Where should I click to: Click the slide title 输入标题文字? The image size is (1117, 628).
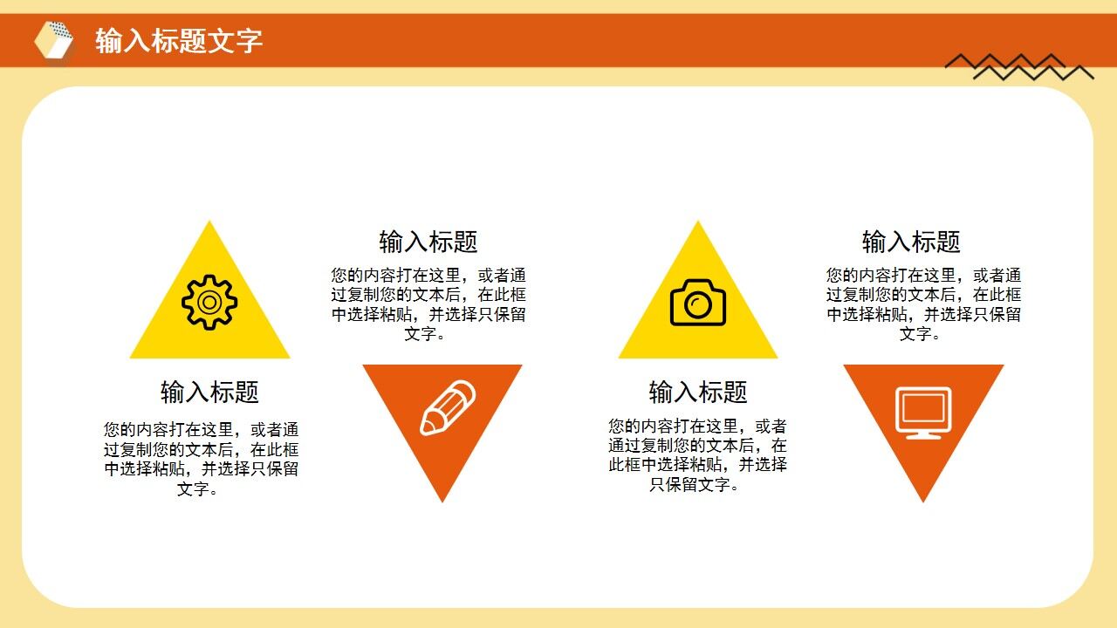pyautogui.click(x=179, y=41)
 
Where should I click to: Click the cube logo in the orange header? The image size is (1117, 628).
pyautogui.click(x=54, y=40)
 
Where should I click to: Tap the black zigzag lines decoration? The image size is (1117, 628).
pyautogui.click(x=1019, y=66)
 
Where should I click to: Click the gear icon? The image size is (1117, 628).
pyautogui.click(x=209, y=302)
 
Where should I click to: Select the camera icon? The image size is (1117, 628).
pyautogui.click(x=697, y=303)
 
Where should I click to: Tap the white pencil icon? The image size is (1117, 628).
pyautogui.click(x=447, y=407)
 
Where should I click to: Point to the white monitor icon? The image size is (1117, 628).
pyautogui.click(x=923, y=412)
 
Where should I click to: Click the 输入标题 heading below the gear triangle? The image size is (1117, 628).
pyautogui.click(x=209, y=392)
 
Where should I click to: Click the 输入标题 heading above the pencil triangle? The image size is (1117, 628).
pyautogui.click(x=428, y=242)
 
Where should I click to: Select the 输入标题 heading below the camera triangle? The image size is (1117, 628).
pyautogui.click(x=698, y=392)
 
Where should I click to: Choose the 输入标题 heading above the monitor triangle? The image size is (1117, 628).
pyautogui.click(x=911, y=242)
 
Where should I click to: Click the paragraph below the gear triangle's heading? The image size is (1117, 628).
pyautogui.click(x=201, y=459)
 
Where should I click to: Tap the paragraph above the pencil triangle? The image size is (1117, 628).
pyautogui.click(x=428, y=304)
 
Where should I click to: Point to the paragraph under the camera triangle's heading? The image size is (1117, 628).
pyautogui.click(x=697, y=455)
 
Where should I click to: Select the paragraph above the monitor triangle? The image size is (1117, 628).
pyautogui.click(x=923, y=304)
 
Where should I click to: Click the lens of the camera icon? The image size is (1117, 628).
pyautogui.click(x=697, y=304)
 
